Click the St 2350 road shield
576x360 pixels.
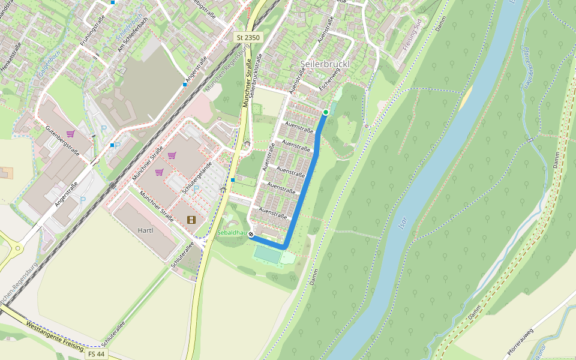[248, 37]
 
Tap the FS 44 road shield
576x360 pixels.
[97, 354]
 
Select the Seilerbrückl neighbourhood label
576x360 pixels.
[324, 64]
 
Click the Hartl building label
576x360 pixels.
[145, 230]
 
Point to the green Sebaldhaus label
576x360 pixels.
[233, 232]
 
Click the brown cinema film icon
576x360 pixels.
[191, 220]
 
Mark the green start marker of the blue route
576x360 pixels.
[326, 112]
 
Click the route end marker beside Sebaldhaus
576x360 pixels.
[251, 235]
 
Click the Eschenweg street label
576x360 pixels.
[329, 78]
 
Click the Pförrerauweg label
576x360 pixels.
[520, 340]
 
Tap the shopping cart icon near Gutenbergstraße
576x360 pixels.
[70, 134]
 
